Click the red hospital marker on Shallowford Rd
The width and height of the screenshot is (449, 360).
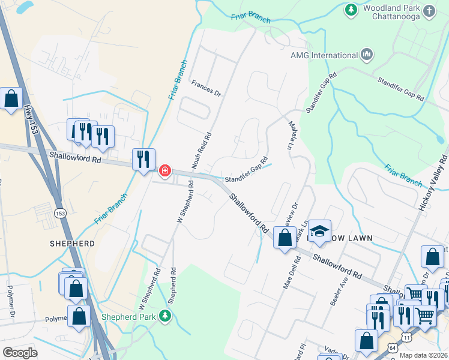(164, 172)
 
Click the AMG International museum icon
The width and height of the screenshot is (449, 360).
(367, 55)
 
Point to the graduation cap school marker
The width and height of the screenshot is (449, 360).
(321, 232)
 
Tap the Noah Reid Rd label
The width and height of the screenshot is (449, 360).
(202, 150)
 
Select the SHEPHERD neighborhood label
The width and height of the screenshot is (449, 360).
(73, 244)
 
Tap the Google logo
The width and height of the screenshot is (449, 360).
(20, 352)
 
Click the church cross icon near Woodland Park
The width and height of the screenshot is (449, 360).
(429, 10)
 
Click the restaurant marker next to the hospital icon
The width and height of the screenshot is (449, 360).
(143, 160)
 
